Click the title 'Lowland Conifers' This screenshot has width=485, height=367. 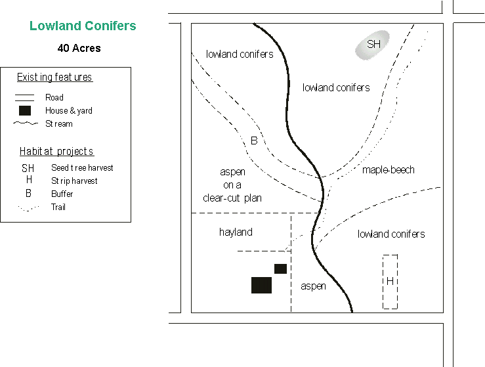83,26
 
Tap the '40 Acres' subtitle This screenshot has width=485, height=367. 79,48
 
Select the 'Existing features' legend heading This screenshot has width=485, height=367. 54,77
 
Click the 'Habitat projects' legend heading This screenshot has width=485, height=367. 56,152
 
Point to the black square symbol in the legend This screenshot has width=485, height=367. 25,110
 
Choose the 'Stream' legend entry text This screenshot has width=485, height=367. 59,123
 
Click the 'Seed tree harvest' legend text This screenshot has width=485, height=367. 82,168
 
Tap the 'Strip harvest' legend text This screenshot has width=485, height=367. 74,181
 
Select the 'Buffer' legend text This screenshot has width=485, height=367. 62,194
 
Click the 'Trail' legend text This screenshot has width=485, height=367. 58,207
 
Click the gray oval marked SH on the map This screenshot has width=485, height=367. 372,45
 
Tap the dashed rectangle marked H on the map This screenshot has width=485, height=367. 390,281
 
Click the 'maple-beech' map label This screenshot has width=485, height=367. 389,170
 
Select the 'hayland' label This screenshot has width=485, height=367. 236,232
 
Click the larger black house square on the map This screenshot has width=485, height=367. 261,285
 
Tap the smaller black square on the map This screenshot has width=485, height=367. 280,268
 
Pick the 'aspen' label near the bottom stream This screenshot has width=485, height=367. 313,286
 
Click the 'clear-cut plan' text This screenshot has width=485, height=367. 232,198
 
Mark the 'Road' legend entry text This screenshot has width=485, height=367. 54,97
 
